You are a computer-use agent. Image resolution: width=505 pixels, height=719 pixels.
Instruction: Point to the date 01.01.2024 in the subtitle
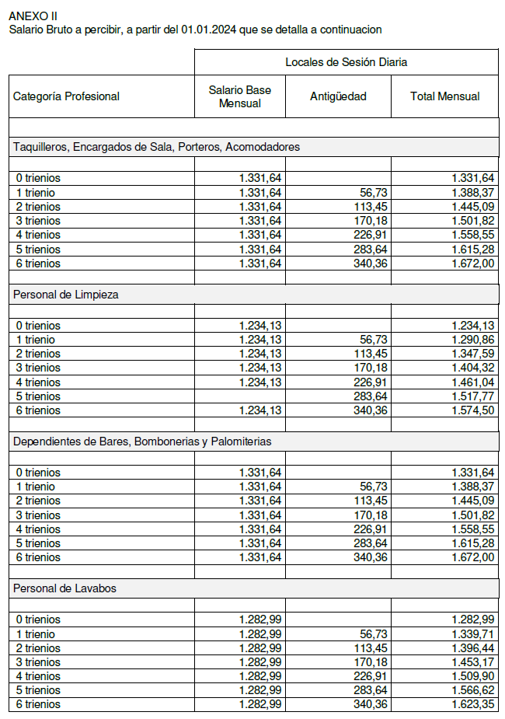click(x=210, y=30)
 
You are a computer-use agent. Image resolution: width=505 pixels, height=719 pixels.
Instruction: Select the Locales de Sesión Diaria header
click(x=346, y=62)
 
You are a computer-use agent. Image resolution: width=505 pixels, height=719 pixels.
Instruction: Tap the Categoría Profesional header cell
click(x=67, y=96)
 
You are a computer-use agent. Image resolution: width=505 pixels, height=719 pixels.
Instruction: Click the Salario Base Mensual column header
click(x=240, y=96)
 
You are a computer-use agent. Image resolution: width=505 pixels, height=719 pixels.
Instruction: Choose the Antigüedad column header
click(x=338, y=96)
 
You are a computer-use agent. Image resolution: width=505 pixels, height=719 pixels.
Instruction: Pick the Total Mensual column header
click(x=444, y=96)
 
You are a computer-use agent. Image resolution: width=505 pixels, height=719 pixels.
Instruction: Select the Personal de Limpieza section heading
click(x=66, y=294)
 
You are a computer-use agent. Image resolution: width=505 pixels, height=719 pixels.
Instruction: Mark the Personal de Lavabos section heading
click(x=64, y=588)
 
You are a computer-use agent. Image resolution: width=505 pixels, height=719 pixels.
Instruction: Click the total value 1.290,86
click(x=473, y=340)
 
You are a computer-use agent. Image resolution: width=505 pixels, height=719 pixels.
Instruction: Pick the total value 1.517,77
click(x=473, y=396)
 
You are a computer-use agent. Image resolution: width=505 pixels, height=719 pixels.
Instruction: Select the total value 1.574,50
click(x=473, y=410)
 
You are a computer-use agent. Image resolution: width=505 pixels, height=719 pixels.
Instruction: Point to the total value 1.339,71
click(x=473, y=634)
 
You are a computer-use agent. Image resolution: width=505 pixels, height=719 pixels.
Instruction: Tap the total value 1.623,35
click(x=473, y=704)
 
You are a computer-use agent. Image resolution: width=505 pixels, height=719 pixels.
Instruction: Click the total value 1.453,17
click(x=473, y=662)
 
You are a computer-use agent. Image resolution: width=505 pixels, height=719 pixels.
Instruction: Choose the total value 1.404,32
click(x=473, y=368)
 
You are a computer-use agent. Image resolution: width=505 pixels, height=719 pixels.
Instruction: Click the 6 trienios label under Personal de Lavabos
click(x=38, y=704)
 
